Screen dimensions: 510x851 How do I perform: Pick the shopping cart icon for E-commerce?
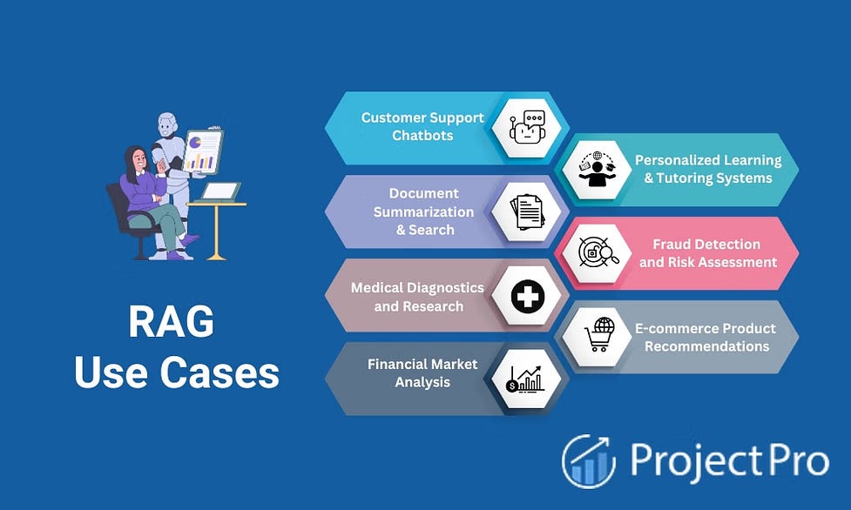(x=598, y=334)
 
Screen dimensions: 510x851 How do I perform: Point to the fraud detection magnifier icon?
(x=598, y=252)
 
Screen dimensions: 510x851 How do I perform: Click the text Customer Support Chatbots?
(x=422, y=126)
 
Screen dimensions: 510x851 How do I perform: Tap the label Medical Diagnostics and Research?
(x=417, y=297)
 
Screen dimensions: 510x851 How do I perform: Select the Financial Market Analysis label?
(x=422, y=372)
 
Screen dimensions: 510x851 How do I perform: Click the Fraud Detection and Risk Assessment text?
(x=708, y=252)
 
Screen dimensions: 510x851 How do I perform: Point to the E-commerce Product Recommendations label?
(x=705, y=337)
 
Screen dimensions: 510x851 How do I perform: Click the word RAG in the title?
(x=171, y=323)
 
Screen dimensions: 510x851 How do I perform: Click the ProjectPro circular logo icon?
(x=589, y=461)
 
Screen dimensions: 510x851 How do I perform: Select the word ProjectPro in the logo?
(x=729, y=460)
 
